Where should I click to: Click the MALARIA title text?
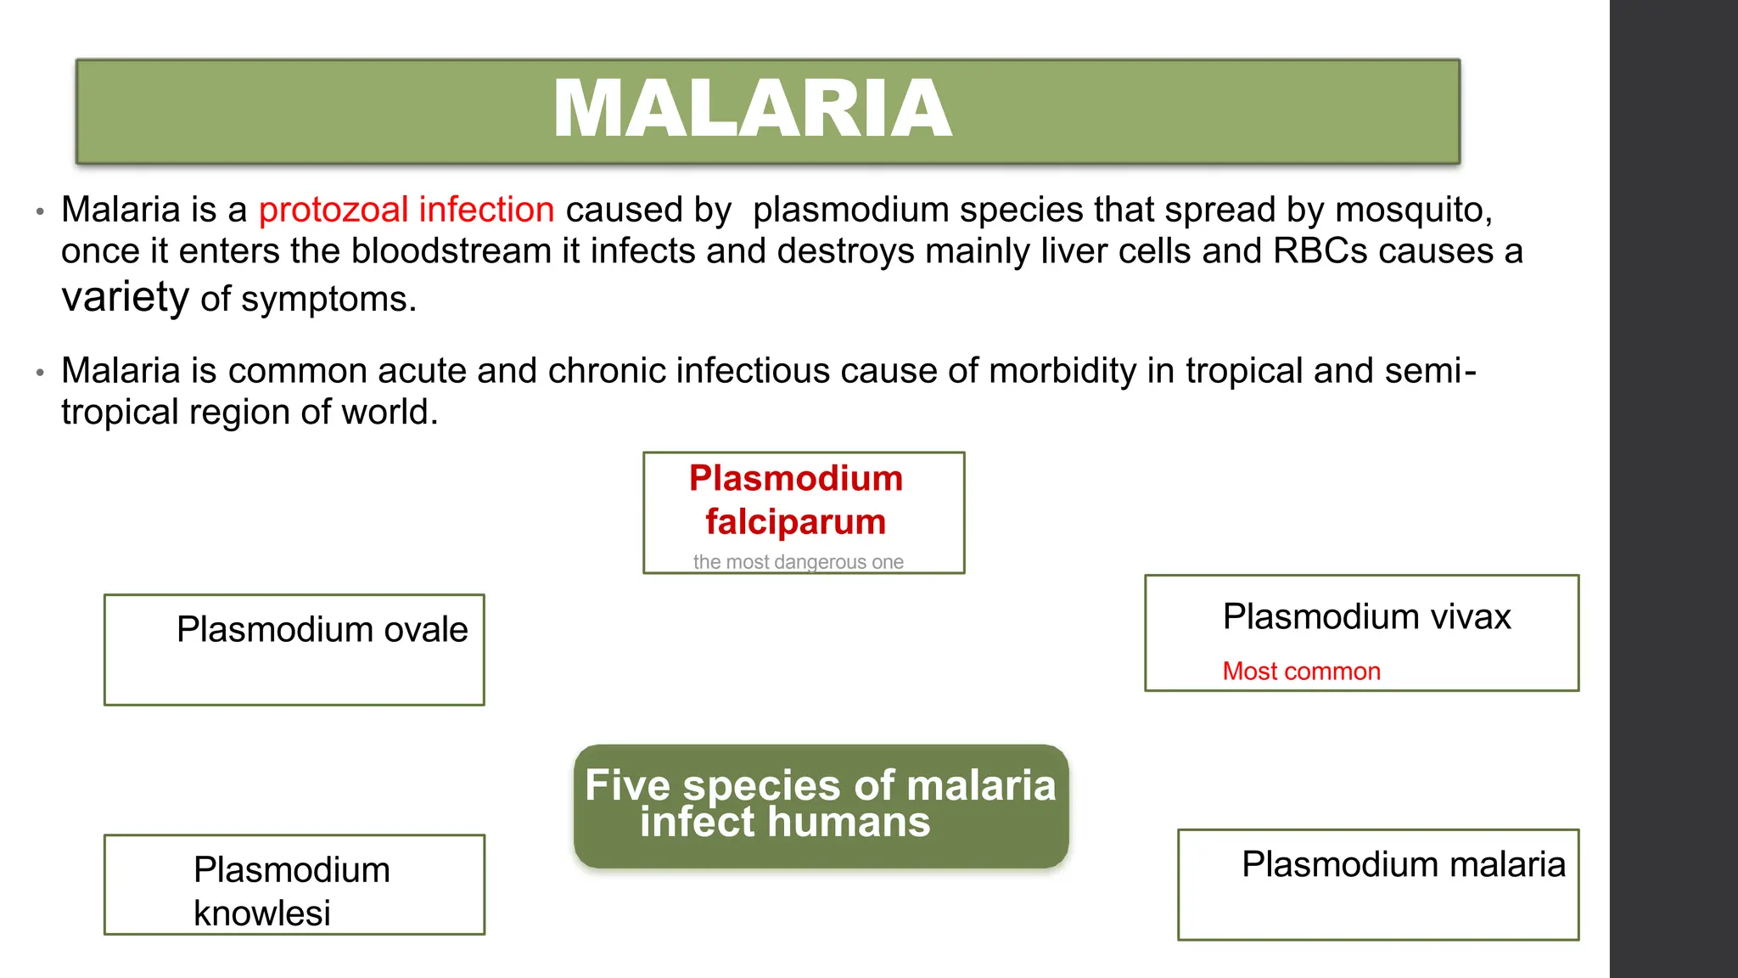[752, 109]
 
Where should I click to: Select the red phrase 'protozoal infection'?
[406, 210]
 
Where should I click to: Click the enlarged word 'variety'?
[125, 297]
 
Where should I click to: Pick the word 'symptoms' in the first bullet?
[328, 299]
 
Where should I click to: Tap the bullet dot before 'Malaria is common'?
[40, 372]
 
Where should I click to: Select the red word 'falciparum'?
[795, 521]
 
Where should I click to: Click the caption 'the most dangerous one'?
[798, 562]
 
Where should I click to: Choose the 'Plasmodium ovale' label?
[322, 630]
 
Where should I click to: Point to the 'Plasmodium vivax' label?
[1366, 617]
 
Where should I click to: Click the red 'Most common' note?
[1301, 672]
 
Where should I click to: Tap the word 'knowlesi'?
[261, 913]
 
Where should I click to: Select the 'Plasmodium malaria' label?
[1403, 864]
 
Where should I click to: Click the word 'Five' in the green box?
[627, 785]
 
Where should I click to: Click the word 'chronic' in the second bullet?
[606, 371]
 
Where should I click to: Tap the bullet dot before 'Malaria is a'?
[40, 211]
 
